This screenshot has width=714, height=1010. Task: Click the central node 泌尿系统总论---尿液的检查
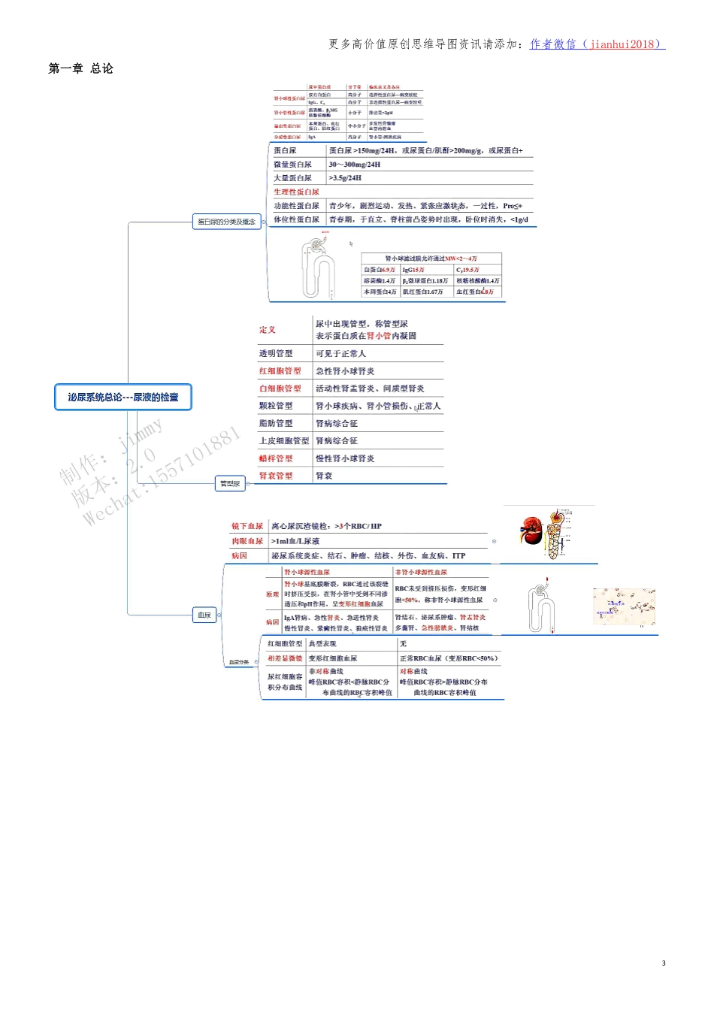pyautogui.click(x=123, y=397)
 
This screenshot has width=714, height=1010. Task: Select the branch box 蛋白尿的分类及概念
pyautogui.click(x=226, y=222)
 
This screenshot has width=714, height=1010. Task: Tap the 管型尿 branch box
pyautogui.click(x=230, y=483)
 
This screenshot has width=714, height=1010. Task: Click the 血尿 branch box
pyautogui.click(x=204, y=615)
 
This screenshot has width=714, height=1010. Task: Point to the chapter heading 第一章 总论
pyautogui.click(x=80, y=68)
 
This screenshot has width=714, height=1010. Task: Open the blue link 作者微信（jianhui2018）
pyautogui.click(x=597, y=44)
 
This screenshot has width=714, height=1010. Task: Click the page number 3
pyautogui.click(x=664, y=963)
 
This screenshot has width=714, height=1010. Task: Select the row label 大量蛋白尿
pyautogui.click(x=292, y=178)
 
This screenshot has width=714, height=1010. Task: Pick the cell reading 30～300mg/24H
pyautogui.click(x=355, y=165)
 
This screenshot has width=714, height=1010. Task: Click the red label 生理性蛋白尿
pyautogui.click(x=296, y=192)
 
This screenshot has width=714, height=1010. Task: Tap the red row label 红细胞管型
pyautogui.click(x=280, y=371)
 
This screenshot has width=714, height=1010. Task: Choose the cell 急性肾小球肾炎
pyautogui.click(x=345, y=371)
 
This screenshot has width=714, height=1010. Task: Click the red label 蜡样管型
pyautogui.click(x=276, y=458)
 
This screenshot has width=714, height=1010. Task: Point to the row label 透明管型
pyautogui.click(x=276, y=353)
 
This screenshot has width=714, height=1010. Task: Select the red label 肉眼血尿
pyautogui.click(x=247, y=541)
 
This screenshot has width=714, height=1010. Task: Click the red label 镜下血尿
pyautogui.click(x=247, y=526)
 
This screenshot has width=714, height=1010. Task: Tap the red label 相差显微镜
pyautogui.click(x=285, y=658)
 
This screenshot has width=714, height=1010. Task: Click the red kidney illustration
pyautogui.click(x=531, y=531)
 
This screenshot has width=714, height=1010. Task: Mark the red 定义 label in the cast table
pyautogui.click(x=268, y=330)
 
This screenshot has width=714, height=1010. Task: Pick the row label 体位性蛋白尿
pyautogui.click(x=296, y=219)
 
